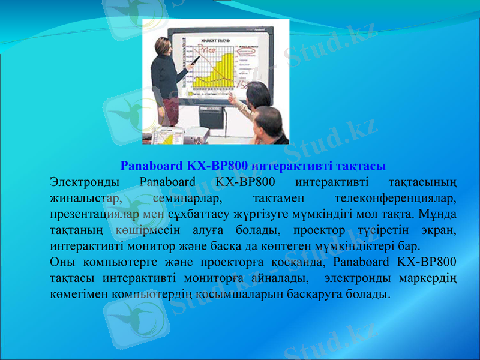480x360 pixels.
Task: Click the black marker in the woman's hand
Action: tap(196, 60)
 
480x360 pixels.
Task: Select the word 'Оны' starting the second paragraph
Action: tap(62, 262)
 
